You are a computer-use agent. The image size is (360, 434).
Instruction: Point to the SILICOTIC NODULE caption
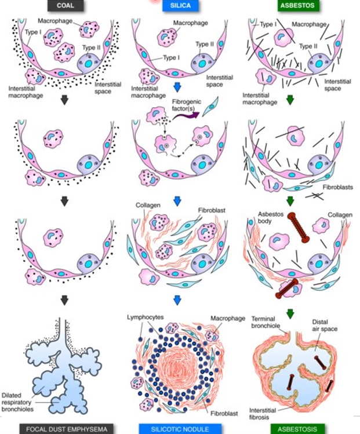tap(180, 429)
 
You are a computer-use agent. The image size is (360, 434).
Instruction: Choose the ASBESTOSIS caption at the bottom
tap(294, 429)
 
